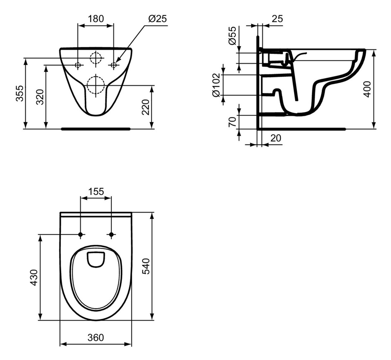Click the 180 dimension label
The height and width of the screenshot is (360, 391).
[x=96, y=19]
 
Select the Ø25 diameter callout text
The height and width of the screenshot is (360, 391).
[x=157, y=19]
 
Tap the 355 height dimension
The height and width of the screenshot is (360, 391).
[x=20, y=93]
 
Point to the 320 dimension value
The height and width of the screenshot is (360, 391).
[x=40, y=97]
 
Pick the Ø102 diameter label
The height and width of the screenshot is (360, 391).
[x=217, y=85]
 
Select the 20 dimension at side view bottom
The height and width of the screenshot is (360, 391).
[x=276, y=138]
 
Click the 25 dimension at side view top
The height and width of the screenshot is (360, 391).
[x=277, y=19]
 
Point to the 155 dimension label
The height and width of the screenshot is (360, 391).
[x=96, y=192]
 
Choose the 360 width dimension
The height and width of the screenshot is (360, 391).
[x=96, y=338]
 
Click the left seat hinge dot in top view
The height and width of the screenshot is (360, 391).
[x=80, y=235]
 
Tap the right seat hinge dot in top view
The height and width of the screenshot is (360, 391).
[x=111, y=235]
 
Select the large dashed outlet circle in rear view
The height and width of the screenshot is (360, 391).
[x=96, y=84]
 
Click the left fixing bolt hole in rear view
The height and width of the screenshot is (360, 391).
[x=78, y=65]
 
